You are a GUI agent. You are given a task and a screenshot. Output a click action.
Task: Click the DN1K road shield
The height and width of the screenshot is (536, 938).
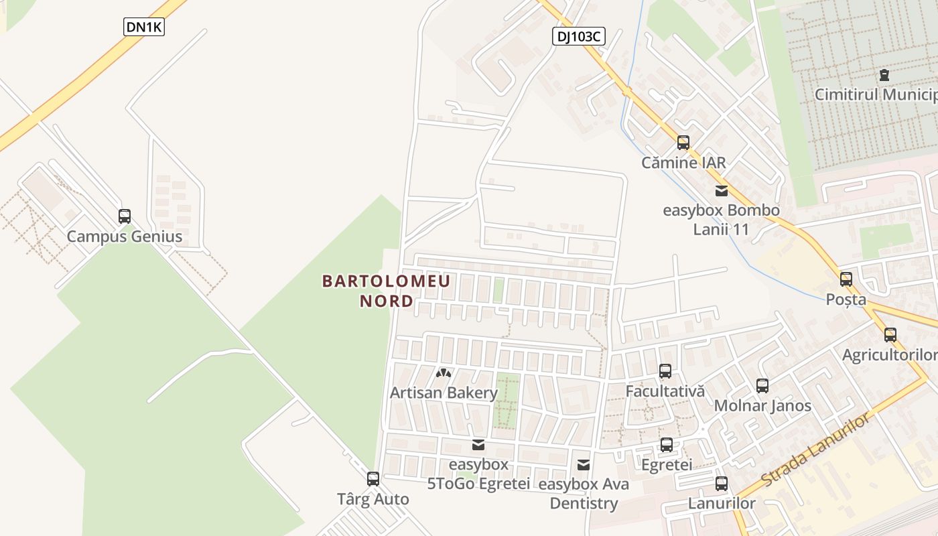click(x=144, y=27)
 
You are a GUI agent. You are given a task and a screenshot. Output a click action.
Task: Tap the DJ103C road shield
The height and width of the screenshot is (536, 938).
click(x=579, y=36)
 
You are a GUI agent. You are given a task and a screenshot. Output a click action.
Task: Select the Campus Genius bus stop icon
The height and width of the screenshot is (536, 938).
click(x=125, y=216)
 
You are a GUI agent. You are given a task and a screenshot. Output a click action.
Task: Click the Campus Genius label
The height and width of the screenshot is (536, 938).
click(x=125, y=237)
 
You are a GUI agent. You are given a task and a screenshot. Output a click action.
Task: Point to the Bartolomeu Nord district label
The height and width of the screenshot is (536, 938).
click(x=387, y=291)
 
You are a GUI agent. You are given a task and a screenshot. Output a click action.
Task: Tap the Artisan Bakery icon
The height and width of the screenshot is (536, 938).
click(x=444, y=373)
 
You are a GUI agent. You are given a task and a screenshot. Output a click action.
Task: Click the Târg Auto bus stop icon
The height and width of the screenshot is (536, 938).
click(x=373, y=479)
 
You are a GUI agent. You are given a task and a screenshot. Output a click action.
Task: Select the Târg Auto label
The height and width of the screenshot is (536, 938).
click(x=373, y=499)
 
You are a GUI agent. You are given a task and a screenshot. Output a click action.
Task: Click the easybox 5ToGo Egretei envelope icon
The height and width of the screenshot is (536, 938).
click(x=478, y=444)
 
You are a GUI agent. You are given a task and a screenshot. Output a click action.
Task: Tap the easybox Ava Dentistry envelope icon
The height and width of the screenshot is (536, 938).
click(x=584, y=464)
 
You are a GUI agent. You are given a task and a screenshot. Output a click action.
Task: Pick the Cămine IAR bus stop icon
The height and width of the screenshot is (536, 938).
click(x=683, y=142)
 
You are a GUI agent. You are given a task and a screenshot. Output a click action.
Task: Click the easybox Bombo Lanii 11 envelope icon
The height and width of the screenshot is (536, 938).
click(x=722, y=191)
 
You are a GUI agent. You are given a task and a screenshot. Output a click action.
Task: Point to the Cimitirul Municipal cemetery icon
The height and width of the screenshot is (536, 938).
click(x=884, y=75)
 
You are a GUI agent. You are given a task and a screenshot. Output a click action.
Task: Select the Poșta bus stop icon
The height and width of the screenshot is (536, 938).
click(x=846, y=279)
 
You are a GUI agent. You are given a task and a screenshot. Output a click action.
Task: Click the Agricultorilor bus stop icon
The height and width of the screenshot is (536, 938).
click(x=890, y=335)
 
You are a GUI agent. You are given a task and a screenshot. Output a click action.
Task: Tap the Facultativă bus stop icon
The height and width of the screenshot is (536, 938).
click(x=665, y=371)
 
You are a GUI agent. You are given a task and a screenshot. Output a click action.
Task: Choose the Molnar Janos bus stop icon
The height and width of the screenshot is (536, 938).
click(x=762, y=386)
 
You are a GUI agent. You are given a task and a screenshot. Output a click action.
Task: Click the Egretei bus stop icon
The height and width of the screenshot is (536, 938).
click(x=667, y=445)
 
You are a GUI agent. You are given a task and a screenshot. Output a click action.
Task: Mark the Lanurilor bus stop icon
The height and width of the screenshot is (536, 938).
click(x=722, y=484)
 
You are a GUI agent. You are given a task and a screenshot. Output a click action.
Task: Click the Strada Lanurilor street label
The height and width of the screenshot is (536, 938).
click(x=817, y=450)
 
